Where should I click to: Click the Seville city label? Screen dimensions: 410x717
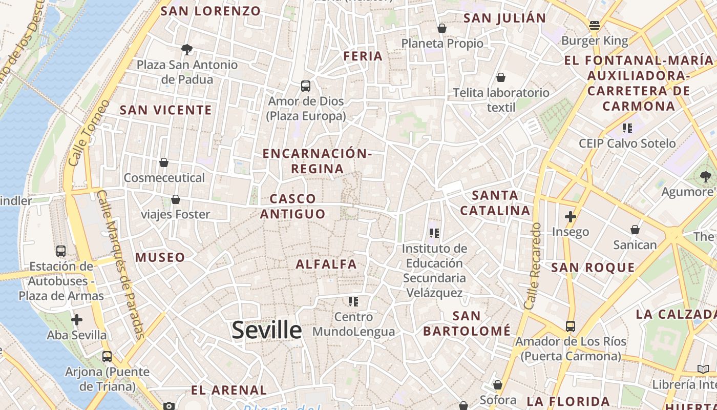click(x=266, y=330)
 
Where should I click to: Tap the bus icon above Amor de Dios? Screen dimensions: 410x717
click(x=306, y=86)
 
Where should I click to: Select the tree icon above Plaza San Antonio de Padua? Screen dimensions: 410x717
click(x=187, y=50)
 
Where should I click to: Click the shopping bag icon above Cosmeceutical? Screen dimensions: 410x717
click(x=164, y=162)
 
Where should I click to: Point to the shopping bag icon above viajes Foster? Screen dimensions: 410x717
click(x=176, y=199)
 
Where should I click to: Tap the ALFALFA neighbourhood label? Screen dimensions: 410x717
click(x=326, y=264)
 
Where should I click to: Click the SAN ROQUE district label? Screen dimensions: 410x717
click(x=593, y=268)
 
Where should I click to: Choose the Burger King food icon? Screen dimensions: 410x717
click(x=595, y=25)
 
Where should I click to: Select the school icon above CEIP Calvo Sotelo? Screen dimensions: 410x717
click(x=627, y=128)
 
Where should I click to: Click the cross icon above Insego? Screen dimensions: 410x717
click(x=570, y=217)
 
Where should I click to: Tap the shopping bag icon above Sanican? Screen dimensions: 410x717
click(x=635, y=230)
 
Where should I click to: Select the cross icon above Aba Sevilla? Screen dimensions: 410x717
click(x=77, y=320)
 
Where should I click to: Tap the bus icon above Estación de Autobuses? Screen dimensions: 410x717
click(x=61, y=251)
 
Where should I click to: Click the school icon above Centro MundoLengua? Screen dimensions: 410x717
click(x=353, y=301)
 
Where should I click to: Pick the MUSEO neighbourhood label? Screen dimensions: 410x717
click(x=160, y=257)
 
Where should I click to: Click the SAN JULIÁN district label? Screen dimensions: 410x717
click(x=504, y=18)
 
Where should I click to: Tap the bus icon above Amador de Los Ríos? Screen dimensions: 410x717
click(x=570, y=326)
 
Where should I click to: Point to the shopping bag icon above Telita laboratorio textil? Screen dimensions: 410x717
click(x=501, y=77)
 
